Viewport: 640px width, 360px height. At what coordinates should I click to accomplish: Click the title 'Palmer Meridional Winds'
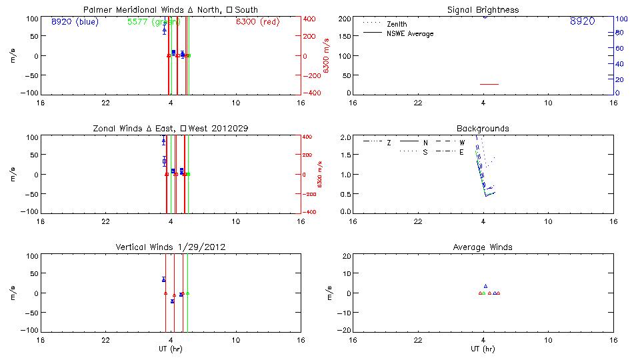click(127, 9)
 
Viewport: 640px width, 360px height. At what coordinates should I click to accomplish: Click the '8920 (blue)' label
click(74, 22)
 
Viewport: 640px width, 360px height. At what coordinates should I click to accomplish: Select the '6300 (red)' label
click(257, 22)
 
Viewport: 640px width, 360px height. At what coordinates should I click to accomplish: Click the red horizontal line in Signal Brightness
click(489, 85)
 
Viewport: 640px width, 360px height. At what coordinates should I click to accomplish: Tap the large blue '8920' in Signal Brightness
click(583, 22)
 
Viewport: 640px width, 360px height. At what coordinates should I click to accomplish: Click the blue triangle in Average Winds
click(485, 285)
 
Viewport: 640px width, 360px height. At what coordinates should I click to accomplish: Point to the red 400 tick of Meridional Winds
click(310, 19)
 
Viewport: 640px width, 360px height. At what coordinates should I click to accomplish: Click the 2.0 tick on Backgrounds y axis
click(345, 137)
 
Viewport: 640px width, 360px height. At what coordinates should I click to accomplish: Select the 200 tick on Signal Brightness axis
click(344, 19)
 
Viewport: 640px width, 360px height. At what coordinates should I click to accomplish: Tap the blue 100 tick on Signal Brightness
click(620, 19)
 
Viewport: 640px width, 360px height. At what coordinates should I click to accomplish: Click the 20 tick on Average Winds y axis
click(347, 256)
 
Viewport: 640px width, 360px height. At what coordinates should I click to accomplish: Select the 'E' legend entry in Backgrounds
click(461, 152)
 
